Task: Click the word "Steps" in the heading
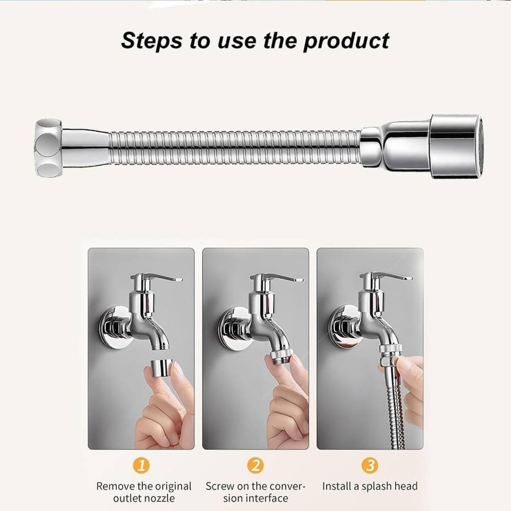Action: [x=152, y=40]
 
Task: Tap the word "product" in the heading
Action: [x=346, y=41]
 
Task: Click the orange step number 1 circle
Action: [x=141, y=466]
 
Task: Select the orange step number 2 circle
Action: [x=255, y=466]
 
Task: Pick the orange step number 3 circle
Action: [x=370, y=466]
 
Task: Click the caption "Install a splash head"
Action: [x=370, y=486]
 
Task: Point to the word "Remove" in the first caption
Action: [x=115, y=486]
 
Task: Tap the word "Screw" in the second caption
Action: [x=220, y=486]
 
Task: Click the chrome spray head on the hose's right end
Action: [x=456, y=146]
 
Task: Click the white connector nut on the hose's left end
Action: [x=48, y=148]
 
